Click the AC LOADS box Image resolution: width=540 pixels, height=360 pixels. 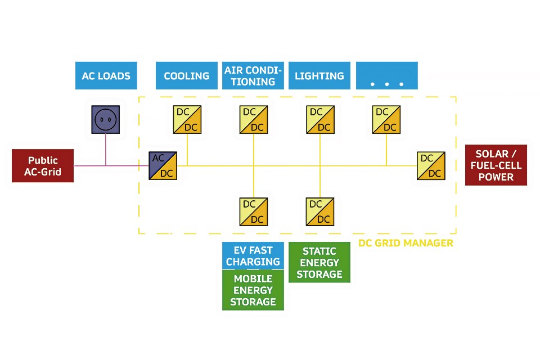106,76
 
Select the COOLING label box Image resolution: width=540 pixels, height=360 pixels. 186,76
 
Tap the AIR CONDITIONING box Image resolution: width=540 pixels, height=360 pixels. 253,76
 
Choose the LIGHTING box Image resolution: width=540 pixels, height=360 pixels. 319,76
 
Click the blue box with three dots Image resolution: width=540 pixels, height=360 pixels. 387,76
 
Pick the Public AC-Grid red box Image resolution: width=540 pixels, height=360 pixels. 43,166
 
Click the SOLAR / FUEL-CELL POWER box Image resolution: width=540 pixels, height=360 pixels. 496,165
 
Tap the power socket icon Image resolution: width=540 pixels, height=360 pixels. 106,119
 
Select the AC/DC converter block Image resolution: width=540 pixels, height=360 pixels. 163,166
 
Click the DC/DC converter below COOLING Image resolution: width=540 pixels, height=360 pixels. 187,120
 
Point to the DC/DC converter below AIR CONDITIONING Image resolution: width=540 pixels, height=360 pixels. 253,120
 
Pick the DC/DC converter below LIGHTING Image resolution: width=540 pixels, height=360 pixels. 320,120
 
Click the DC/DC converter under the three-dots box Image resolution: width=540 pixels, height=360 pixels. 386,120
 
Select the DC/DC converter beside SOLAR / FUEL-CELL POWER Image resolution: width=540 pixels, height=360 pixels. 431,166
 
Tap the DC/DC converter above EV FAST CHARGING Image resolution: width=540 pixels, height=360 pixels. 253,211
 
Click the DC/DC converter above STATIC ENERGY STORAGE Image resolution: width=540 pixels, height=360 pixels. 320,211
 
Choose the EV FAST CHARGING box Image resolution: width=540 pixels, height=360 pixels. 253,256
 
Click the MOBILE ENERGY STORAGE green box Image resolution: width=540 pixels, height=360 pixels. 253,290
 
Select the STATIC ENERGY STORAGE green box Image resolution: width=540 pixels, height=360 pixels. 319,263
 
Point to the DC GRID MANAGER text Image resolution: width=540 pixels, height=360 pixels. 406,244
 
